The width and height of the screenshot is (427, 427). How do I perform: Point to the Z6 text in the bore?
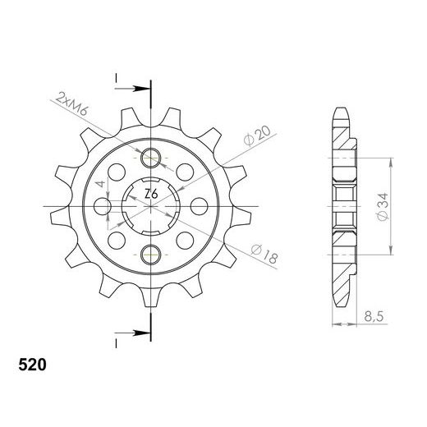(151, 195)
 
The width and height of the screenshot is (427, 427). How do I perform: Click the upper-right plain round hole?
(184, 172)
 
